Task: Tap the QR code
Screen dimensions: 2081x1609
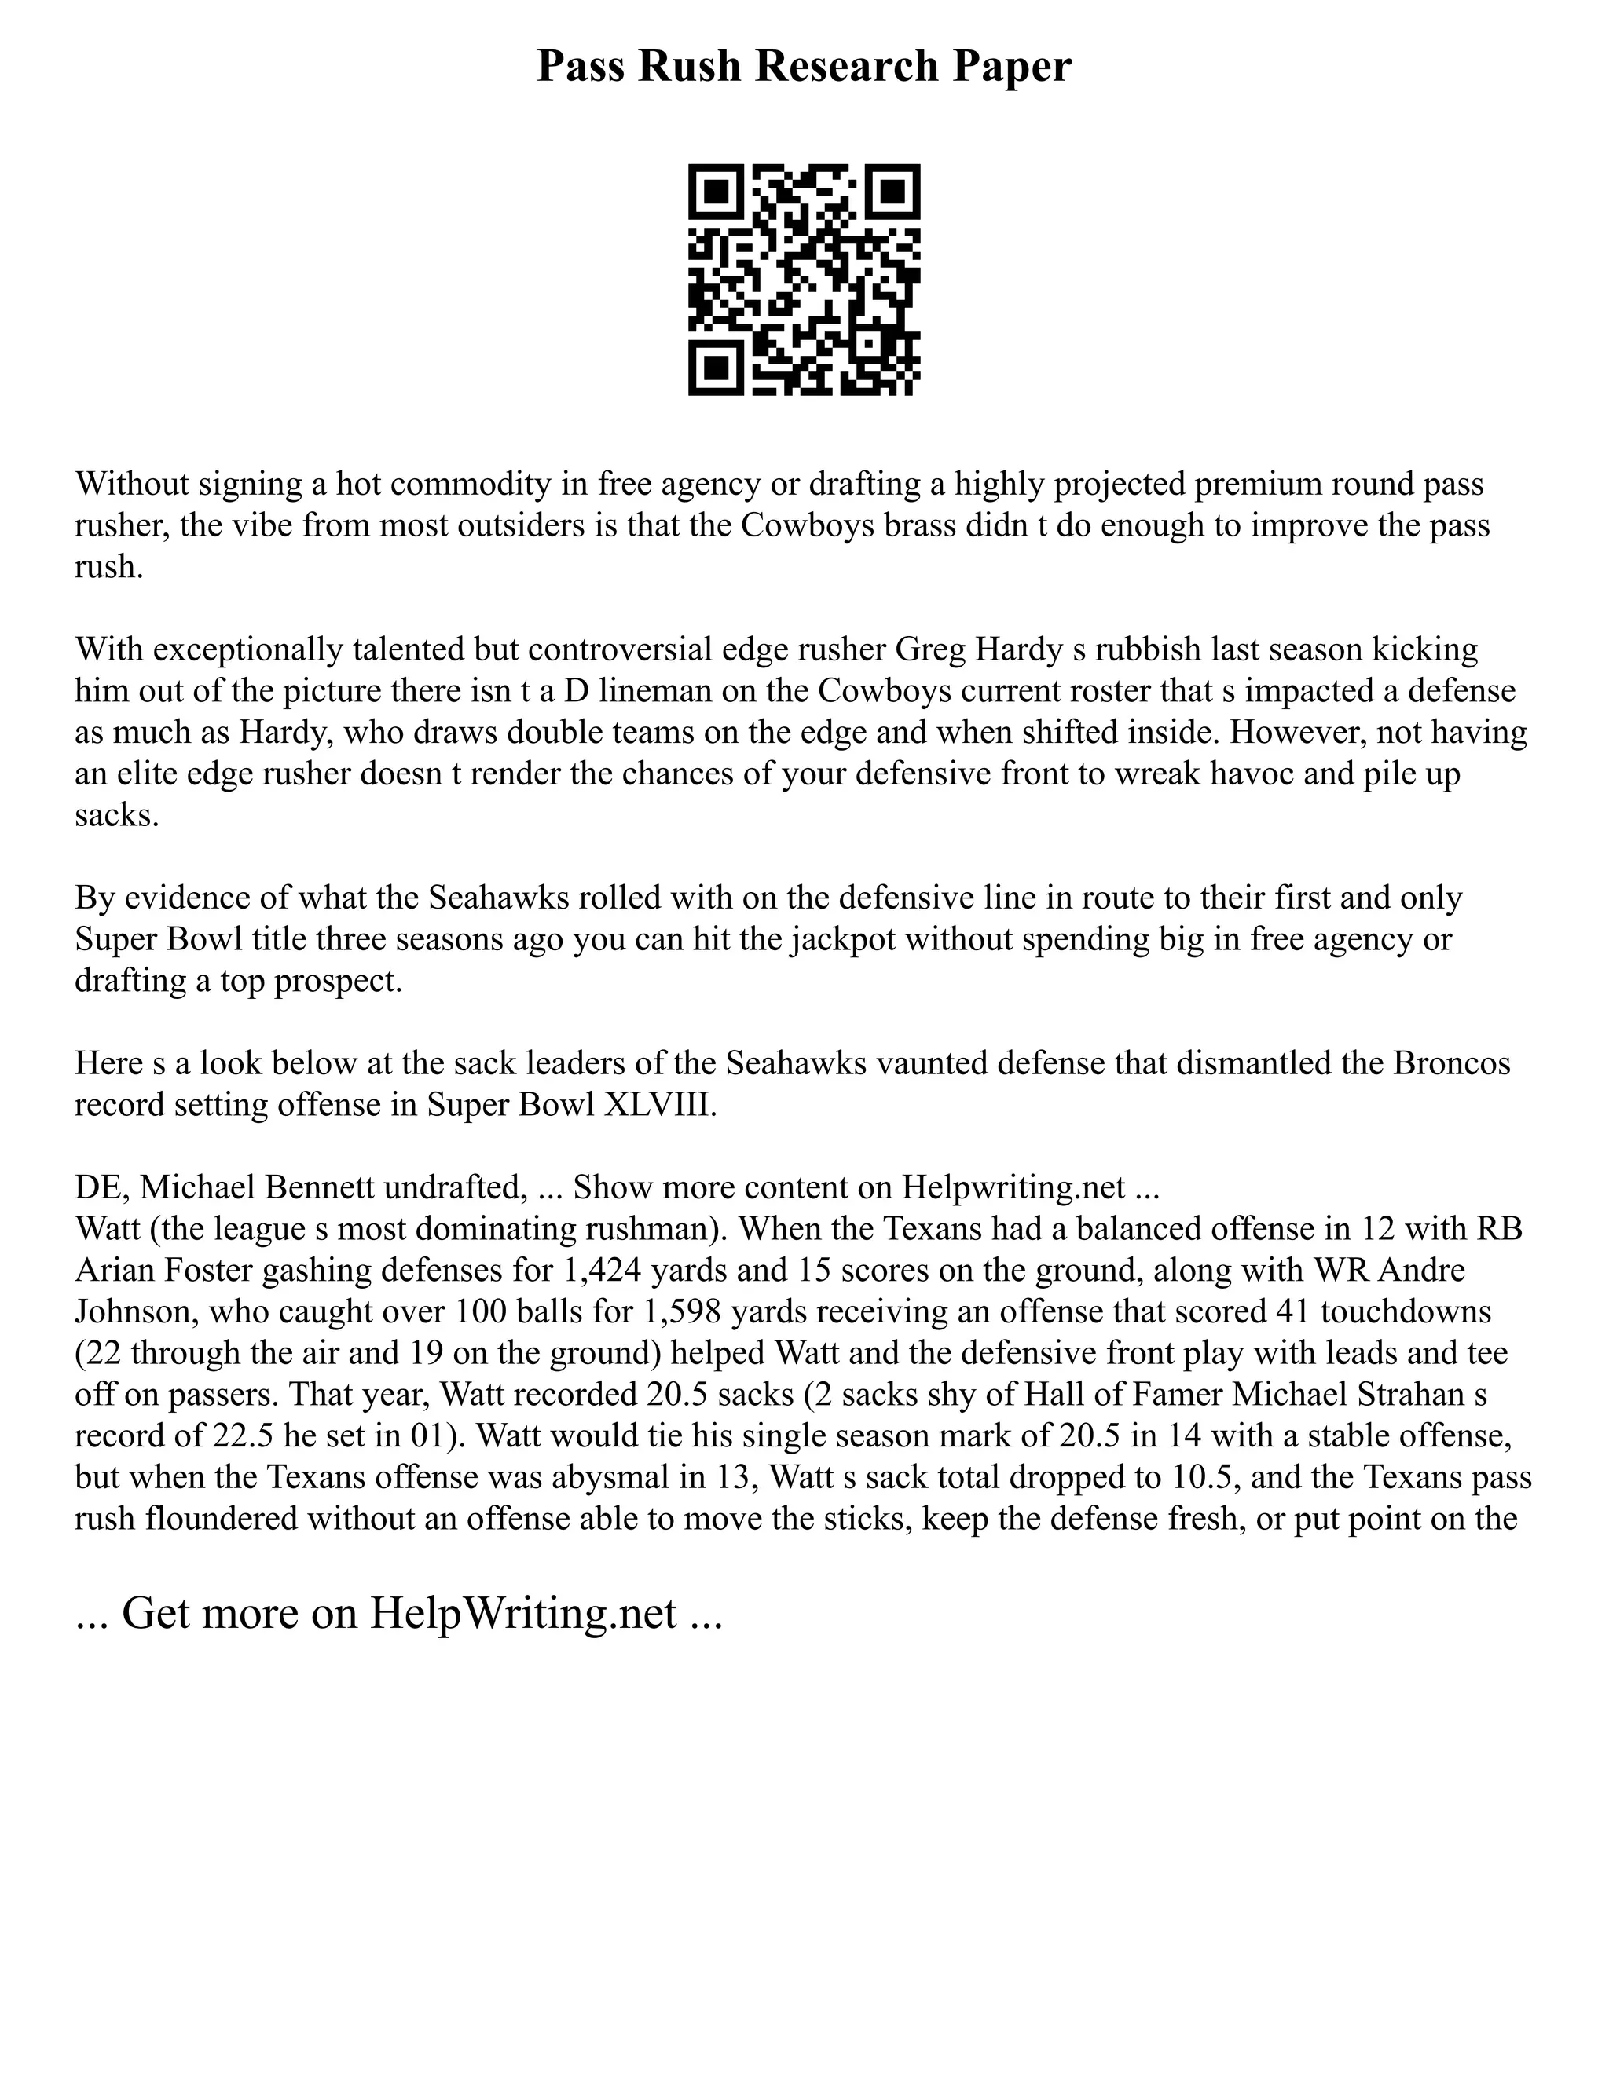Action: pos(804,280)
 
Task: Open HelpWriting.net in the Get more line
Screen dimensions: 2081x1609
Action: pos(523,1613)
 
